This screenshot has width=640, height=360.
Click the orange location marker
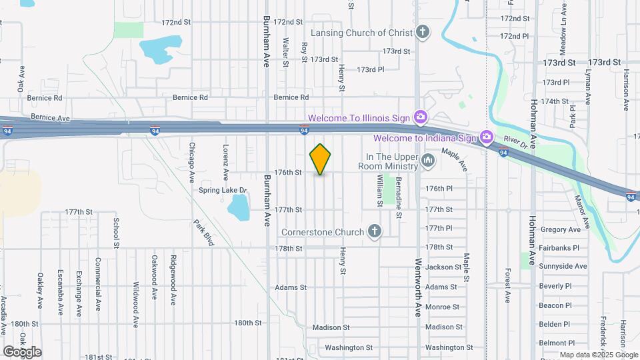coord(321,159)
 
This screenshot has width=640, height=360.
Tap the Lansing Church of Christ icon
coord(421,31)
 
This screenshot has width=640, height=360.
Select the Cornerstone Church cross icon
coord(375,231)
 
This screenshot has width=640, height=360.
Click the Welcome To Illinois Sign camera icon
coord(420,117)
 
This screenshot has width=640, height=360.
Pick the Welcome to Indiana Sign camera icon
coord(487,137)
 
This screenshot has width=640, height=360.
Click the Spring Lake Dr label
coord(223,191)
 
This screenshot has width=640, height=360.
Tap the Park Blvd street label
coord(203,233)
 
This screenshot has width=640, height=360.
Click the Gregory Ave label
coord(561,229)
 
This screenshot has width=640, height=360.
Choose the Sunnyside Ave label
coord(563,266)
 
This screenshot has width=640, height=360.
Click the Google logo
coord(22,351)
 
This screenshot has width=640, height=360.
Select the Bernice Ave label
coord(50,117)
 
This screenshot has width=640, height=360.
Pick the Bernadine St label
coord(399,198)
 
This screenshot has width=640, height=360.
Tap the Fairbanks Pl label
coord(559,247)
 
